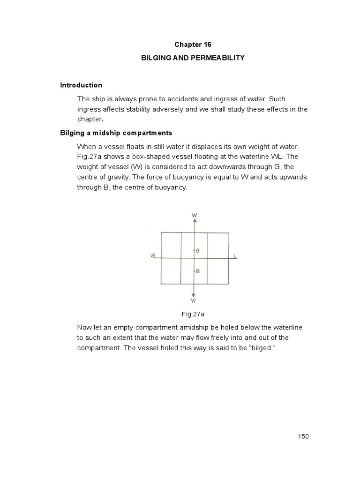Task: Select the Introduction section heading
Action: tap(81, 85)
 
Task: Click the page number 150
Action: tap(303, 436)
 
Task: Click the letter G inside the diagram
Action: tap(198, 251)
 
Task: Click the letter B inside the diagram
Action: tap(198, 271)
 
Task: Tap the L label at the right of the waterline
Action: tap(235, 255)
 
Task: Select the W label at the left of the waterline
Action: tap(153, 255)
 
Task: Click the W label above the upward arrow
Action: tap(194, 215)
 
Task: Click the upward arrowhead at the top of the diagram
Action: tap(194, 221)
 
